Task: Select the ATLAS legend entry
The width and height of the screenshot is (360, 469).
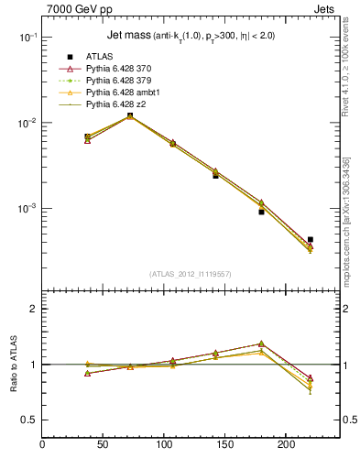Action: point(100,57)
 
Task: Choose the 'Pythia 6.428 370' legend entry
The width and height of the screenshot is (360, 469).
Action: point(122,69)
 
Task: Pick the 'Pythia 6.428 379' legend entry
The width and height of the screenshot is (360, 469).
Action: point(122,81)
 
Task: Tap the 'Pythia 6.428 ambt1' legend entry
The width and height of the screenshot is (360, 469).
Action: point(125,93)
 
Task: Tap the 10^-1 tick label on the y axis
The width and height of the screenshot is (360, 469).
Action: point(27,38)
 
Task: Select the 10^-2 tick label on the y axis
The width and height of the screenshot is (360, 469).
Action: point(27,123)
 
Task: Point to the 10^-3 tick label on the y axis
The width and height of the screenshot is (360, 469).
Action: point(27,209)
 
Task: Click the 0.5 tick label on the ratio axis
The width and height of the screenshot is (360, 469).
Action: point(29,420)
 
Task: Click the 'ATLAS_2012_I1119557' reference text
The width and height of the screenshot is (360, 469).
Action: point(191,274)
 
